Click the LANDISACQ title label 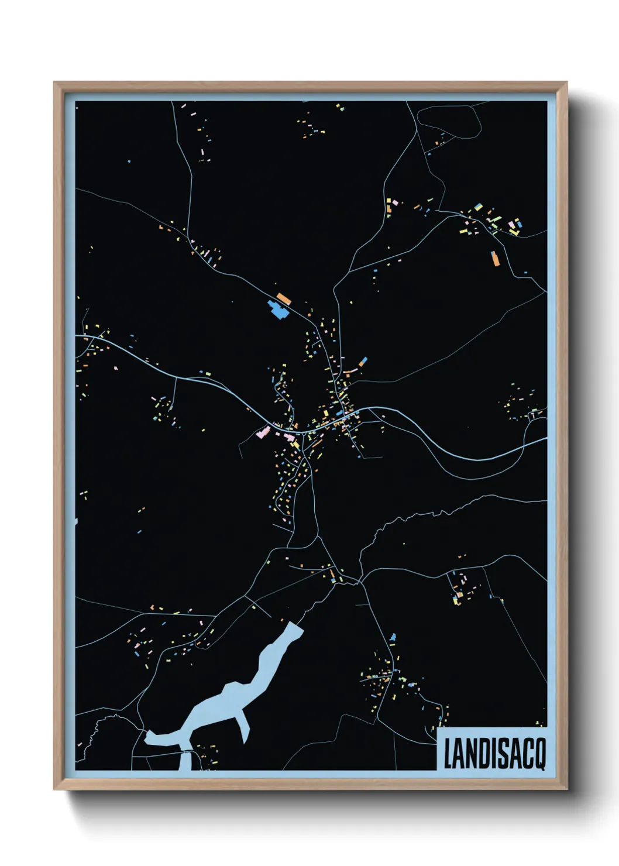tap(494, 753)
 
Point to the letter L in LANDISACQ tap(448, 754)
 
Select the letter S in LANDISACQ tap(503, 754)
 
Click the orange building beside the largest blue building tap(284, 298)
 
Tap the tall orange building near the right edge tap(494, 258)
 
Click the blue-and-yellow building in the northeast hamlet tap(479, 208)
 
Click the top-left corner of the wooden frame tap(55, 83)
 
